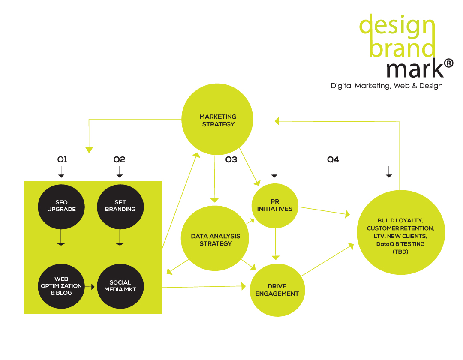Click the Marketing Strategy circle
(217, 120)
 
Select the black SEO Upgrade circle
(62, 206)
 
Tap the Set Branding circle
(120, 206)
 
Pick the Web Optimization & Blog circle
(62, 286)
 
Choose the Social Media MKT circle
(120, 286)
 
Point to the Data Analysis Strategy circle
(215, 240)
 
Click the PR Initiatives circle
(275, 205)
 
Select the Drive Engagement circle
(277, 290)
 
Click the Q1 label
(62, 159)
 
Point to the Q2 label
(119, 159)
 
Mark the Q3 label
(231, 159)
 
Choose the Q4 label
(333, 159)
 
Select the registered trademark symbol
(448, 63)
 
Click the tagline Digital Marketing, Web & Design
(386, 86)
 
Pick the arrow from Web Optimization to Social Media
(90, 286)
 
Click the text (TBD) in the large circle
(400, 252)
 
